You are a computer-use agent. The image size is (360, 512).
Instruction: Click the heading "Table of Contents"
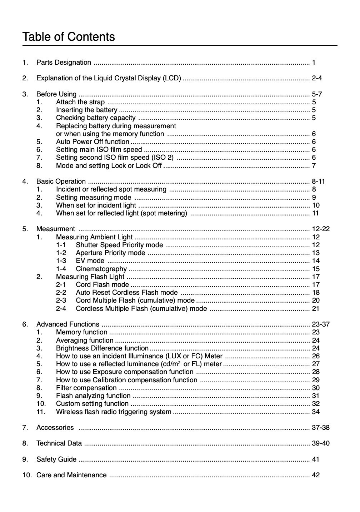69,37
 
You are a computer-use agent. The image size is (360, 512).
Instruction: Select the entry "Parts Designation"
64,63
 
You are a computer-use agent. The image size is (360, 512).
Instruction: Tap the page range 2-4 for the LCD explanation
317,78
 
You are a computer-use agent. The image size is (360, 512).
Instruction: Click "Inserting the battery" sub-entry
86,110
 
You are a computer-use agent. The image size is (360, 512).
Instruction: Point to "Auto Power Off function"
92,142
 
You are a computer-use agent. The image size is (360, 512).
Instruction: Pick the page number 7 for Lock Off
314,166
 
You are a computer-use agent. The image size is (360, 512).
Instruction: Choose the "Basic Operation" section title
61,182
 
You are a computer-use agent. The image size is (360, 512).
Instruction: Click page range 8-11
318,182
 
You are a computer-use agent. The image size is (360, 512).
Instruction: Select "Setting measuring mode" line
94,198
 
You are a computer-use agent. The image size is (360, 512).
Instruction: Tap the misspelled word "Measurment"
56,229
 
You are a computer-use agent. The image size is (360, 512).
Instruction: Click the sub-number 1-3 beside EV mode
61,261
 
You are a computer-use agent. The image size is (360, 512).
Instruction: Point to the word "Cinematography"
101,269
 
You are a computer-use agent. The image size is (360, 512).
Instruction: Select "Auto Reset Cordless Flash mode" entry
126,293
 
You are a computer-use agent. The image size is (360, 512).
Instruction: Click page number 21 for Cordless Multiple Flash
316,309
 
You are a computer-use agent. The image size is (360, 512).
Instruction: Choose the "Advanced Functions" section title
68,324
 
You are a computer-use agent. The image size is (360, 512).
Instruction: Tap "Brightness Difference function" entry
102,348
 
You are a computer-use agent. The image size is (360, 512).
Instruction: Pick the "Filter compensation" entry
86,388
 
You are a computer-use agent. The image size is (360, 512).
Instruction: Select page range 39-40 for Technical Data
320,443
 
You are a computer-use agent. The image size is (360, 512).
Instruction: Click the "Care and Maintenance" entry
71,475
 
